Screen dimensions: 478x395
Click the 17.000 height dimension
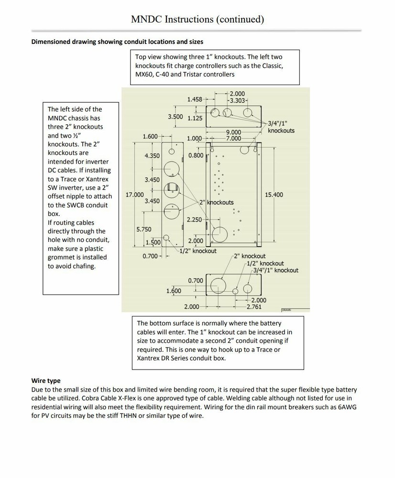pos(134,195)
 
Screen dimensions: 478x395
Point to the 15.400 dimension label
pos(274,195)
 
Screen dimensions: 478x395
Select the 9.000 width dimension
pos(234,132)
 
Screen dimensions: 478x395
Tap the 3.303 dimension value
pos(238,101)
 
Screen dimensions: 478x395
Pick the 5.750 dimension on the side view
pos(143,229)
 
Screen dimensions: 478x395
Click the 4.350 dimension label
pos(152,156)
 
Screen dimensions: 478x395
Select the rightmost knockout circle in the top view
pos(248,113)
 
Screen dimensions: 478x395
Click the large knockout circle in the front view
pos(220,235)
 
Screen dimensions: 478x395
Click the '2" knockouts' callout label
pos(217,202)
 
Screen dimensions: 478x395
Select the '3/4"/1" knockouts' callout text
pos(281,127)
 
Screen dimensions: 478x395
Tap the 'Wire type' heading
pos(46,381)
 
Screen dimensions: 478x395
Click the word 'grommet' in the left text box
pos(60,257)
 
